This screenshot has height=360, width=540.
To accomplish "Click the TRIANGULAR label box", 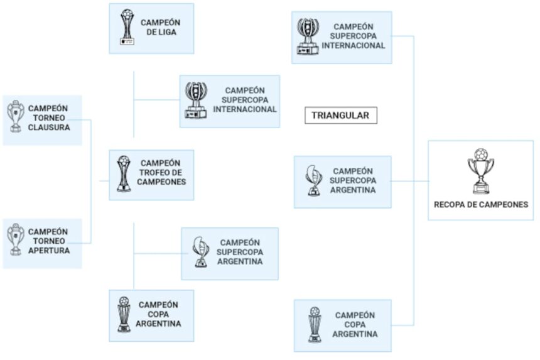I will pos(340,116).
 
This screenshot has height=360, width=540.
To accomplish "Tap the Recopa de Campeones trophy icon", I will pos(480,170).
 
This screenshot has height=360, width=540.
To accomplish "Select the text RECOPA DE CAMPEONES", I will pos(480,204).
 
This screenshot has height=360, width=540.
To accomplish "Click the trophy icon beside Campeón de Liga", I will pos(128,27).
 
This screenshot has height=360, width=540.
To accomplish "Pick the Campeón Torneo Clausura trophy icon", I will pos(14,117).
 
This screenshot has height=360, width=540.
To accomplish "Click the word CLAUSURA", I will pos(48,128).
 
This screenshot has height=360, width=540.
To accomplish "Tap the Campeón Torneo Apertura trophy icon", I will pos(14,241).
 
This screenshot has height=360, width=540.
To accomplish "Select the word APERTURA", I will pos(48,251).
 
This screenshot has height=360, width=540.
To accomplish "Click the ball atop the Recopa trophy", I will pos(480,153).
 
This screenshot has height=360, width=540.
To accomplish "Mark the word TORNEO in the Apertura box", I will pos(48,241).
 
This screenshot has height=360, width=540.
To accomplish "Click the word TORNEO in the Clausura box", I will pos(48,117).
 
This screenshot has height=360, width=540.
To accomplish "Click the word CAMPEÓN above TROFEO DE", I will pos(160,163).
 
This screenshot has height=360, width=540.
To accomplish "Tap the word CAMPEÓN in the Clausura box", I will pos(48,107).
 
